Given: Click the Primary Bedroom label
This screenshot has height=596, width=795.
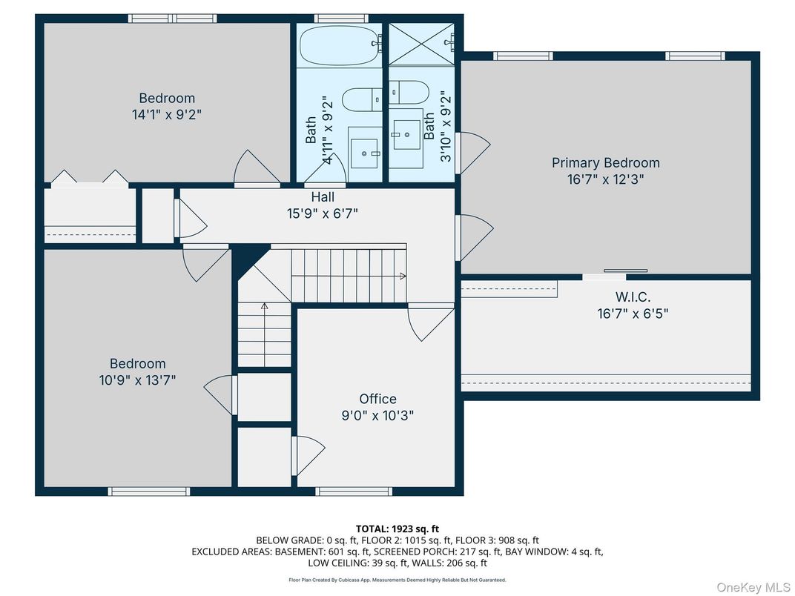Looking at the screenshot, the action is (x=605, y=162).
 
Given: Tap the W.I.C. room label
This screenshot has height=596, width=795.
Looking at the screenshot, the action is (x=633, y=297).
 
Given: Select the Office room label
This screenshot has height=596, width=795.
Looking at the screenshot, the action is (x=377, y=399).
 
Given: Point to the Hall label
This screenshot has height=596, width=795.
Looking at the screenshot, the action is (x=323, y=196).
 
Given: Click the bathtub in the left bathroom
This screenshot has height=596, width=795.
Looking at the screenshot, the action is (x=339, y=46).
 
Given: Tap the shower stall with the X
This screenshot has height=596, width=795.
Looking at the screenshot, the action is (x=422, y=44).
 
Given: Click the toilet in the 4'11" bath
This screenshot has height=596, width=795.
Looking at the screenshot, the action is (x=362, y=99).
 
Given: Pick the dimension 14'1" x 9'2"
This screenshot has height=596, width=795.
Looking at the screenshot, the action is (x=167, y=114).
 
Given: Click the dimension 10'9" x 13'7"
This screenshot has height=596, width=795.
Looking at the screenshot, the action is (x=137, y=380).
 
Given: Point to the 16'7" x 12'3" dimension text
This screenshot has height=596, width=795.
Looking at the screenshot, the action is (x=605, y=179).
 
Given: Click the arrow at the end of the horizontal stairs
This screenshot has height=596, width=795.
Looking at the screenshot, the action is (x=403, y=277).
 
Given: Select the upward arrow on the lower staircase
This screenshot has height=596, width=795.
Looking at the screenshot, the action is (x=264, y=306).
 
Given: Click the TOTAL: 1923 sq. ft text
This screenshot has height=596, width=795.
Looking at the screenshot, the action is (x=397, y=529).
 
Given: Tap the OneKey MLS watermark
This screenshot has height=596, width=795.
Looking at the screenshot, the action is (x=753, y=587).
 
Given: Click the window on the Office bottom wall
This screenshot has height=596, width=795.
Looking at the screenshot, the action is (x=354, y=491).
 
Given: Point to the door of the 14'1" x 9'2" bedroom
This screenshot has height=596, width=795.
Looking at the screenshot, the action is (x=257, y=168).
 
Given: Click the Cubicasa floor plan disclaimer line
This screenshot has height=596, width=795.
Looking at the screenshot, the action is (x=397, y=580).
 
